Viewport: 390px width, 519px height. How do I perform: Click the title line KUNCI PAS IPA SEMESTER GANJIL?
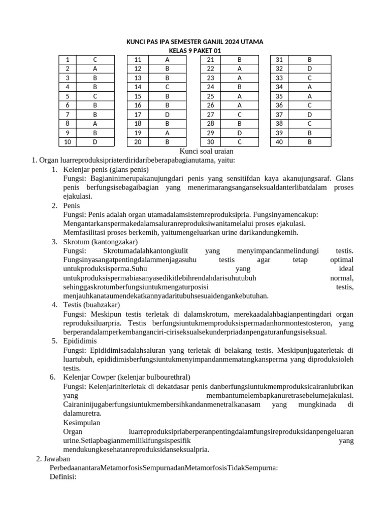point(194,42)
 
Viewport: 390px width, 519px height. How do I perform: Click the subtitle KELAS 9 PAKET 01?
point(194,51)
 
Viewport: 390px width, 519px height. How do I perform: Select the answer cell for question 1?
point(95,59)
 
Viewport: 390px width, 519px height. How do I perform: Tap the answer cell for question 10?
point(95,141)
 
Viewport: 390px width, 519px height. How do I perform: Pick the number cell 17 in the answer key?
point(138,114)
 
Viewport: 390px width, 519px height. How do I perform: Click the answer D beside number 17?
point(167,114)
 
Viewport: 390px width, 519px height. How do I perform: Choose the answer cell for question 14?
point(167,87)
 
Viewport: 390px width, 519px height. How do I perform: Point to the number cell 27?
point(211,114)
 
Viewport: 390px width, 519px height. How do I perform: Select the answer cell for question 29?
point(240,132)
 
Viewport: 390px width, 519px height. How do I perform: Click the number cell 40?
point(279,141)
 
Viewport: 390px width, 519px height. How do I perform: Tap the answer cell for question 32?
point(309,68)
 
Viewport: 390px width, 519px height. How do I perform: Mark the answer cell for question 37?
point(309,114)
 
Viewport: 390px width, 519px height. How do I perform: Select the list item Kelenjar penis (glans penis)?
point(106,169)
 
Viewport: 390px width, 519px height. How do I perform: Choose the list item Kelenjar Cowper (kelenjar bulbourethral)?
point(126,377)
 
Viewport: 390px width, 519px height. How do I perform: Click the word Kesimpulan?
point(82,423)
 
